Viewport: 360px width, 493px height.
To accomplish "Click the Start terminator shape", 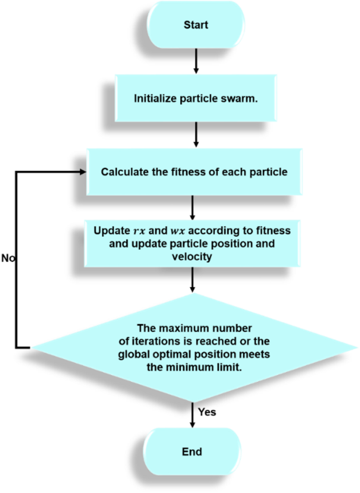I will (195, 25).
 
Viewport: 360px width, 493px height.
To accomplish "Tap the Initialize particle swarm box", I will (195, 98).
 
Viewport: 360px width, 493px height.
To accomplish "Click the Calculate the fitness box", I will (195, 172).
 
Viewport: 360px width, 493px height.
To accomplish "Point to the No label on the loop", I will (8, 258).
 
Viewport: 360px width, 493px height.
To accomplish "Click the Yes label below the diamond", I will (208, 412).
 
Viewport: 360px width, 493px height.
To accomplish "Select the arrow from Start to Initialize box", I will (196, 60).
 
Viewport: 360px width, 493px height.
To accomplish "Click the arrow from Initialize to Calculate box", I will (196, 134).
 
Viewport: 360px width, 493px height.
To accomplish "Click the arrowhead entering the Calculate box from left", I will (83, 172).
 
